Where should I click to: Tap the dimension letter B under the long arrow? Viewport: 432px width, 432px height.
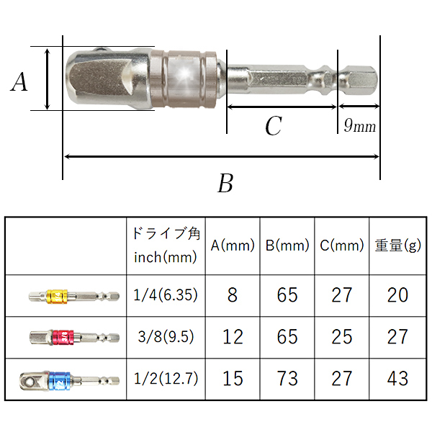pos(225,183)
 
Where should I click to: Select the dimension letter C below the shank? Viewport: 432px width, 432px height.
pos(274,125)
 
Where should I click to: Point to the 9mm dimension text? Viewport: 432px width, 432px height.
pos(359,125)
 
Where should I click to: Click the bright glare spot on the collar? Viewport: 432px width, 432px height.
pos(184,74)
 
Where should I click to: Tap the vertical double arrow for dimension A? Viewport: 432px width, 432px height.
pos(48,79)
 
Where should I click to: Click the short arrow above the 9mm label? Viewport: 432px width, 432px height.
pos(359,106)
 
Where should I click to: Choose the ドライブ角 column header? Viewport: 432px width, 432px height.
pos(166,233)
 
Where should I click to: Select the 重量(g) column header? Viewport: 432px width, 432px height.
pos(398,246)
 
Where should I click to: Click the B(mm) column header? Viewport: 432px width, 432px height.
pos(287,246)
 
